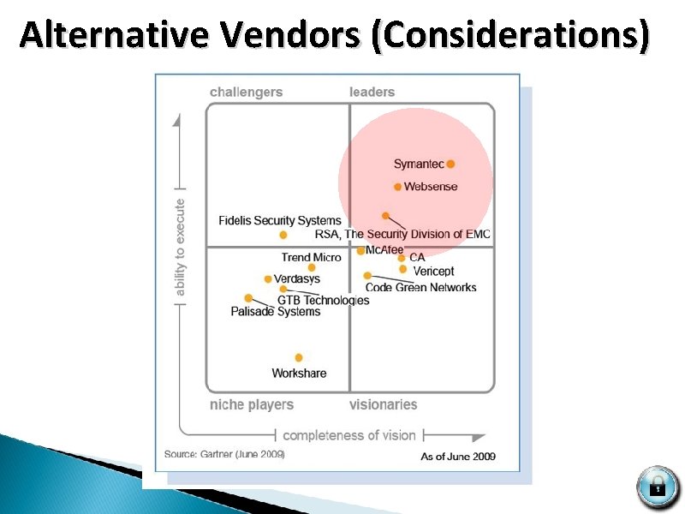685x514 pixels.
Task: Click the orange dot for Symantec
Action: coord(450,164)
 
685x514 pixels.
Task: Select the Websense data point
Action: coord(398,187)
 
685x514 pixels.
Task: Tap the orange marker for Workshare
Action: coord(299,357)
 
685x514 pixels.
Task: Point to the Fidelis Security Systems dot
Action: coord(283,235)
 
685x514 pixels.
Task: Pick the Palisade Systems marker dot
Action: coord(248,298)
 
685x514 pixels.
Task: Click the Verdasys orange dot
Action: coord(268,278)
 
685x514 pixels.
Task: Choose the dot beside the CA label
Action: coord(402,257)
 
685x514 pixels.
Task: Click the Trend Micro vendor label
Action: coord(311,257)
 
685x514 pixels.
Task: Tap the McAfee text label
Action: coord(384,250)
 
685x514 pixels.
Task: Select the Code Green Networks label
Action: coord(420,288)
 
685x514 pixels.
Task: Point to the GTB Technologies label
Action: coord(323,300)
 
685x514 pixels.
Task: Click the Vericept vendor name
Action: coord(433,272)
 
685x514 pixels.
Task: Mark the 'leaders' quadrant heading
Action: coord(372,92)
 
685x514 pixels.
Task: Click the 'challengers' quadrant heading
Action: coord(246,92)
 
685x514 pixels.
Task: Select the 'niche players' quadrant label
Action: coord(252,404)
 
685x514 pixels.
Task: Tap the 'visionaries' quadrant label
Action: coord(383,404)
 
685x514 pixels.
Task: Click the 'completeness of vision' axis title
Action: coord(348,435)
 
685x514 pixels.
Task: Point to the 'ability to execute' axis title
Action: coord(180,248)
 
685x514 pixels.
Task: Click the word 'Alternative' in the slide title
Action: coord(114,36)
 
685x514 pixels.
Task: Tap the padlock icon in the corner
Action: coord(657,487)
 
